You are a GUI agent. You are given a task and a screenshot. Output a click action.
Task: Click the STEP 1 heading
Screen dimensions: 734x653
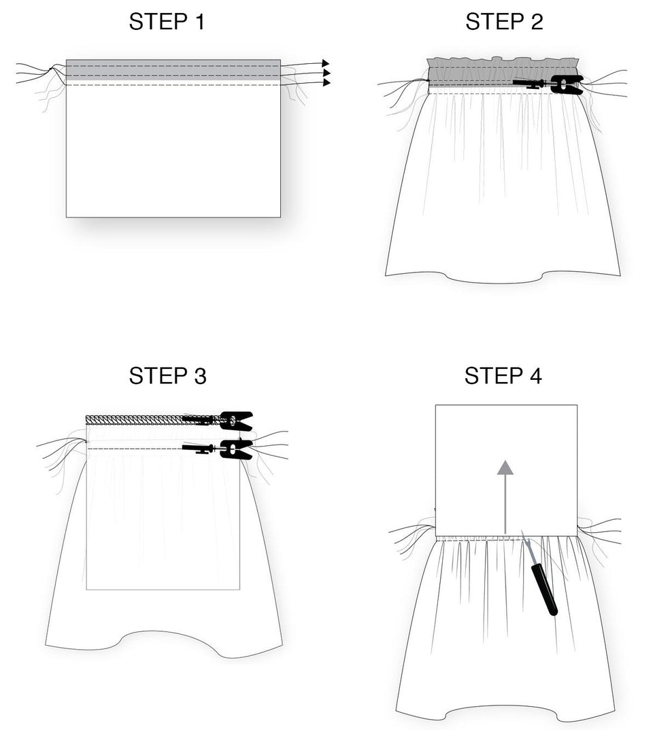pos(167,22)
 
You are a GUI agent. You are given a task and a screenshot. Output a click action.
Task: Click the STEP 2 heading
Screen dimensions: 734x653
pos(504,22)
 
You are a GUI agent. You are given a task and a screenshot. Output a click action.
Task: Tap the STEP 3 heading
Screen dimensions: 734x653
pos(167,375)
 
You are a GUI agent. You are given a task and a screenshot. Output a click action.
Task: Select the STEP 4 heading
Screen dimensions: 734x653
pos(503,375)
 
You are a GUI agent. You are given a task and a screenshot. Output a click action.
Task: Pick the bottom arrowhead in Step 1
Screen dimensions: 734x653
pos(326,83)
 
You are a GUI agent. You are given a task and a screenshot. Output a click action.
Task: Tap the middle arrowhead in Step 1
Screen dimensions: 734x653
pos(326,73)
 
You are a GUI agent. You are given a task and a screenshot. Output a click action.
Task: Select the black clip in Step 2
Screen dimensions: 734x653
pos(566,84)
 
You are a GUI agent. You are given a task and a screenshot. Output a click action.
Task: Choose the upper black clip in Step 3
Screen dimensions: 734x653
pos(235,421)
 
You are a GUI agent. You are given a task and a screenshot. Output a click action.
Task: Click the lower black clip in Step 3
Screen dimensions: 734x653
pos(235,449)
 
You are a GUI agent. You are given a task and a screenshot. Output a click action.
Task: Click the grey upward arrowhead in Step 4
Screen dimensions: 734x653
pos(505,468)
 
